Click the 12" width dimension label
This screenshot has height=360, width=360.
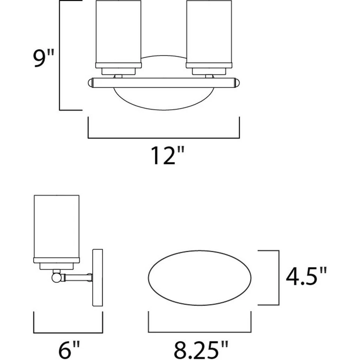(x=164, y=156)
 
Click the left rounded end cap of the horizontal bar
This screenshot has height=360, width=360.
(x=90, y=82)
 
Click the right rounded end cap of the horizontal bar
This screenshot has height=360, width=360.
(x=237, y=82)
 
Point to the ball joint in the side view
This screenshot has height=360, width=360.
(x=56, y=277)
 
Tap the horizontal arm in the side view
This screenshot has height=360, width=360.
(x=77, y=278)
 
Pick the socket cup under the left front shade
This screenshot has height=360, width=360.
(x=118, y=71)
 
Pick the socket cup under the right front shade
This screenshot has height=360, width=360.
(x=209, y=71)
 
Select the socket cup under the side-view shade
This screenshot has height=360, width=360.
(x=56, y=265)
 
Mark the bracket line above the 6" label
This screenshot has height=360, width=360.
(x=68, y=332)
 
